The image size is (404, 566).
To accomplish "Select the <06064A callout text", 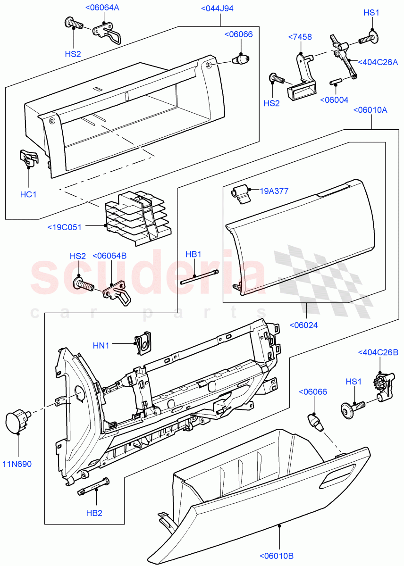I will [x=102, y=8].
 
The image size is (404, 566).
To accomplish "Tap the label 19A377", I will [x=274, y=191].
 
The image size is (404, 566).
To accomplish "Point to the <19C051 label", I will [x=65, y=227].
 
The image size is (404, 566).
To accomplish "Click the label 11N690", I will [x=19, y=464].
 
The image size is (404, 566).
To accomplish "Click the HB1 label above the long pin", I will [x=194, y=254].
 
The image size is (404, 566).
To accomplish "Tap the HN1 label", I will [x=101, y=346].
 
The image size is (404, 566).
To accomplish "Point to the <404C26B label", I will [x=378, y=352].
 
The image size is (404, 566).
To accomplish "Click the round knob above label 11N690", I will [x=17, y=421].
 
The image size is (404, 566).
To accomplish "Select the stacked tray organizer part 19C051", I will [x=137, y=217].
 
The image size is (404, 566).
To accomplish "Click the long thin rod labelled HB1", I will [x=199, y=277].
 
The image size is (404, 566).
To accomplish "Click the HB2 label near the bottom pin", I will [x=94, y=513].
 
